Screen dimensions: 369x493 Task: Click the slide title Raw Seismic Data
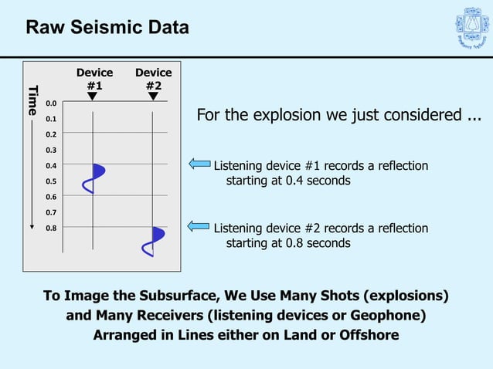point(107,28)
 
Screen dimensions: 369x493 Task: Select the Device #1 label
point(94,80)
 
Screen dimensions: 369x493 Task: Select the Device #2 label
point(154,80)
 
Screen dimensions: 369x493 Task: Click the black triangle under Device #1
point(93,96)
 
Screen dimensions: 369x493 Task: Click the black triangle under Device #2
point(153,96)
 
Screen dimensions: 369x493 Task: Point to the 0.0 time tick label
point(51,103)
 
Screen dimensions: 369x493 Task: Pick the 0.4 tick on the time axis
point(51,165)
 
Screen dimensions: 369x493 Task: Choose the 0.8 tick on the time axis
point(51,228)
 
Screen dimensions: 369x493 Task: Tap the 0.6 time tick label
point(51,197)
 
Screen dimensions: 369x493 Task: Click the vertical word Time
point(32,100)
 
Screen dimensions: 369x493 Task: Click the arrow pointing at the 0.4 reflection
point(199,164)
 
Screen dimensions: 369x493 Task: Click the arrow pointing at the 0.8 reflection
point(199,226)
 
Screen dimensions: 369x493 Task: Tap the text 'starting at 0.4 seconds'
point(288,181)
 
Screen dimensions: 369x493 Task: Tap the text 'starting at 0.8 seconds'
point(288,243)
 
